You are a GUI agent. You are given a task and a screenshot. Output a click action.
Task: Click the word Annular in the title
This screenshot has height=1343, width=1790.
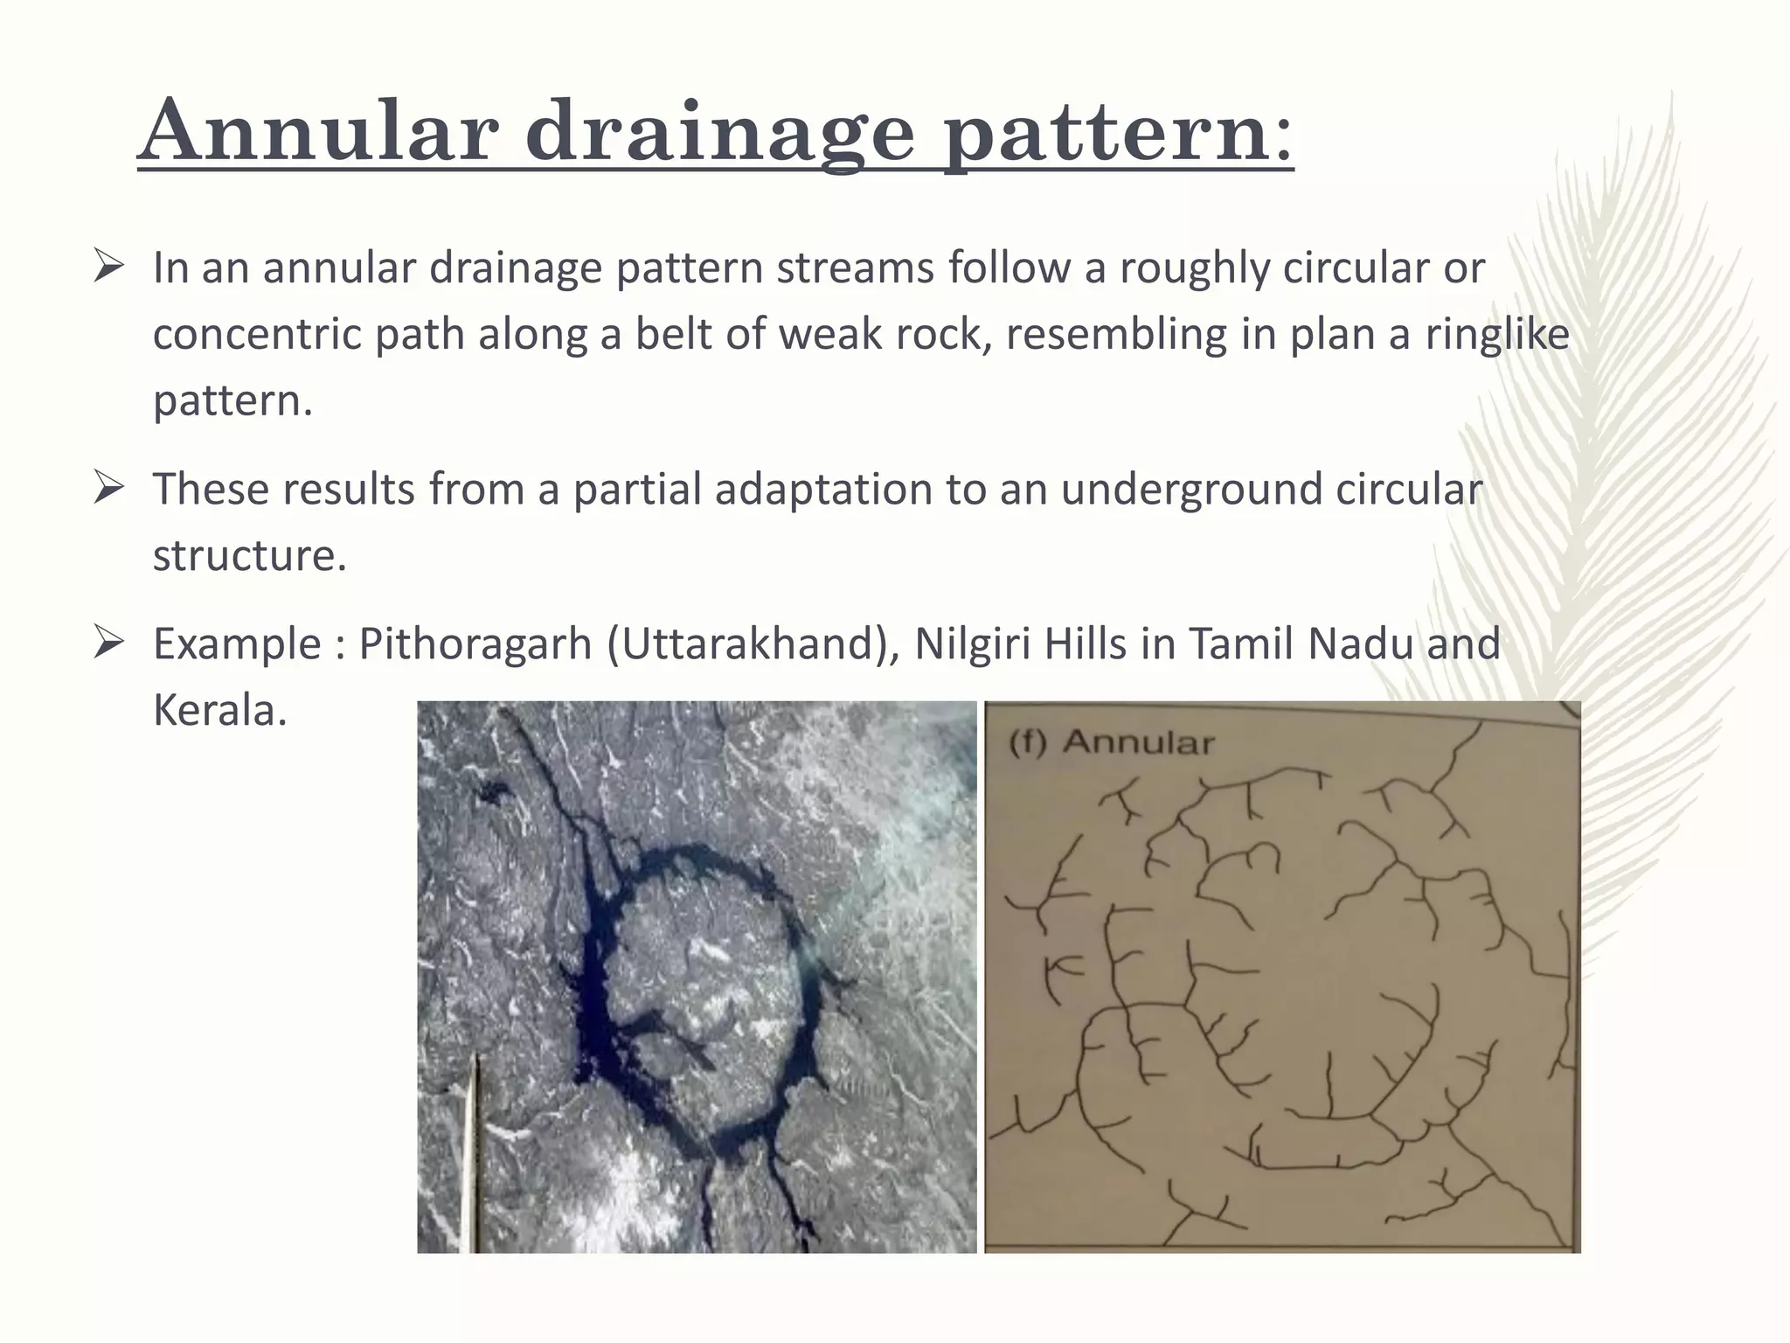point(318,133)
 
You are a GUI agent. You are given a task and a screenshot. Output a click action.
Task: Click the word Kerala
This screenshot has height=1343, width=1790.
point(219,710)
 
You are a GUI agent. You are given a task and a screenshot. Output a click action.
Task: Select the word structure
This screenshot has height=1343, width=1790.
point(249,556)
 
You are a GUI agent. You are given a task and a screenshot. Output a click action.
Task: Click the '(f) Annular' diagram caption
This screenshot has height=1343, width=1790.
point(1112,743)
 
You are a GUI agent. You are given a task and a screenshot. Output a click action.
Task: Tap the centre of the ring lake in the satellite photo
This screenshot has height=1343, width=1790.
point(704,979)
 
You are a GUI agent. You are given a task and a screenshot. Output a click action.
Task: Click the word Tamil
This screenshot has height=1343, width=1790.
point(1240,645)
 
